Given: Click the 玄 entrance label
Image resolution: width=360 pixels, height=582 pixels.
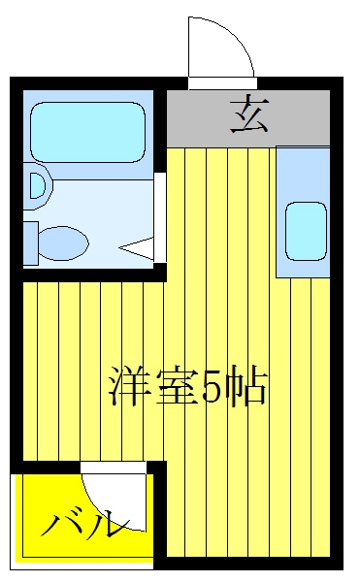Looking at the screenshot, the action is (249, 113).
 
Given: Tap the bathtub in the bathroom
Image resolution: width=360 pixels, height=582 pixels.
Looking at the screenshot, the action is (87, 133).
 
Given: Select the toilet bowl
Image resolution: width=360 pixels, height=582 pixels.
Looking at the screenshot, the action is (63, 243).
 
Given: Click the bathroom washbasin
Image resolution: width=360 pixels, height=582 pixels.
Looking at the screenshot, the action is (38, 185).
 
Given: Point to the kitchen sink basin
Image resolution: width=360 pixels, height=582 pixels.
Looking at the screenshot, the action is (306, 231).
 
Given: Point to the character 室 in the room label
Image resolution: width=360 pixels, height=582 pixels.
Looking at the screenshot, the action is (176, 386).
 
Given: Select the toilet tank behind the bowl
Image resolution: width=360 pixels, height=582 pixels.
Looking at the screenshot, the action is (31, 243).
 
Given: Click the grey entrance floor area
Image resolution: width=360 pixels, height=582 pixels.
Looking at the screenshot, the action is (247, 118).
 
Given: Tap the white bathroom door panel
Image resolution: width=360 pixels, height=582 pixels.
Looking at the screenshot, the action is (159, 217).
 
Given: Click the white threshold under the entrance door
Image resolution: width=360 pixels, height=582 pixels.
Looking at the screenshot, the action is (222, 83).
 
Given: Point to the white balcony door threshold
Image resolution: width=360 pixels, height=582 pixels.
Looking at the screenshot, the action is (114, 468).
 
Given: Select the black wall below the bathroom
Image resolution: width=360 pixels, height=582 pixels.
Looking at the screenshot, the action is (88, 275).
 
